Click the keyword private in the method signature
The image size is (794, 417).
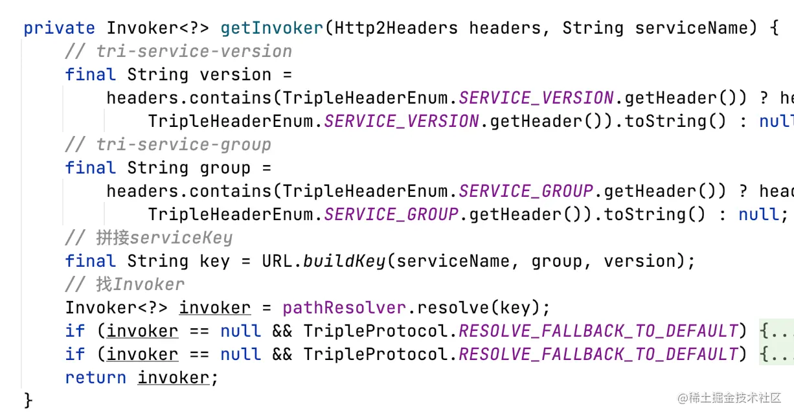coord(59,28)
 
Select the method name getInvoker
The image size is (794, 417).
coord(271,28)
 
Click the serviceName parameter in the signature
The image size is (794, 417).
coord(686,28)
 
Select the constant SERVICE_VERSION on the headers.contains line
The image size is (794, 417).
coord(536,98)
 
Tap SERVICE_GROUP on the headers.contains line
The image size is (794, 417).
coord(526,192)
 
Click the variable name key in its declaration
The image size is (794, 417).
coord(215,262)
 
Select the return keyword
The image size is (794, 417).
coord(96,378)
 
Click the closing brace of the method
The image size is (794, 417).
coord(28,400)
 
